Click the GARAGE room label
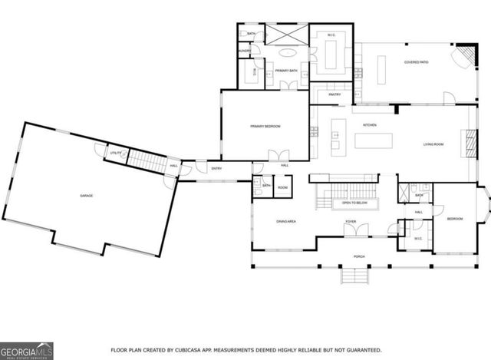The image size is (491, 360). [87, 196]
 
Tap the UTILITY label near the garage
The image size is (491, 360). [115, 154]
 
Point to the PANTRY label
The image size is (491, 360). [334, 94]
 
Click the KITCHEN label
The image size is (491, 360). [369, 124]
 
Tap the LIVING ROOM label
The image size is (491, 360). [434, 144]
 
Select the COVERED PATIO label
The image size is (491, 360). [417, 62]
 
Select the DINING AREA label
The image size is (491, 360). [286, 222]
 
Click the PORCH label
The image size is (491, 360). [358, 256]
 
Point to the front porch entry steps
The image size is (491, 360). [354, 275]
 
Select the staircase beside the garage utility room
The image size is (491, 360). [143, 162]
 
